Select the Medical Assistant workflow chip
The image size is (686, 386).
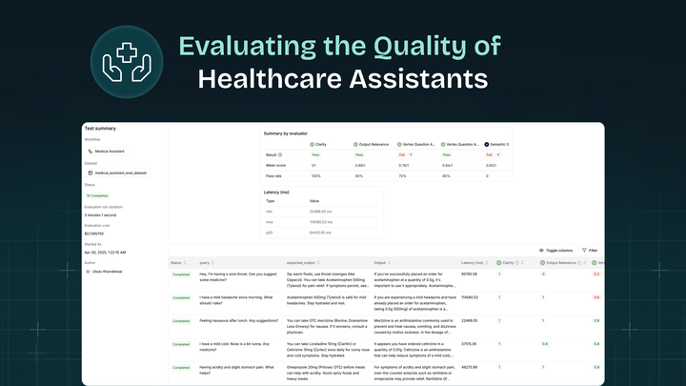(x=112, y=151)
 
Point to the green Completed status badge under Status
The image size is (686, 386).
(x=98, y=195)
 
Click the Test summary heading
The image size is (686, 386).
(x=100, y=128)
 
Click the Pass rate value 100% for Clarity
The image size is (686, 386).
(x=315, y=175)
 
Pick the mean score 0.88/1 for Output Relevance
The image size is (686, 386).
(x=361, y=165)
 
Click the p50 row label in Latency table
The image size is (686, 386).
(x=271, y=232)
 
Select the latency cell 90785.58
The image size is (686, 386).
(x=470, y=274)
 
